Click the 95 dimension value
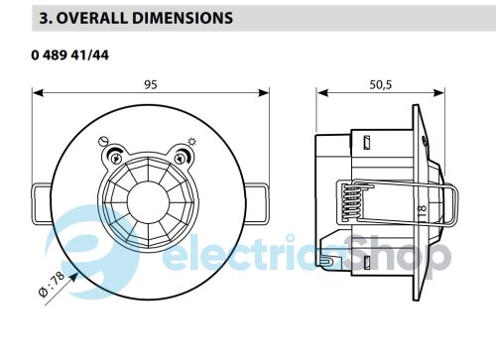(151, 85)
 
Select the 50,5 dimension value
(381, 85)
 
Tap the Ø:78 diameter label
(52, 285)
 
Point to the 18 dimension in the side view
(423, 209)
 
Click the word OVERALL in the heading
(92, 18)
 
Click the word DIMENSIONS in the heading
(183, 18)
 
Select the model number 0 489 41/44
(70, 55)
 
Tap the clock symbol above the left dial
(103, 142)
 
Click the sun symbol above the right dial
(191, 142)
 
